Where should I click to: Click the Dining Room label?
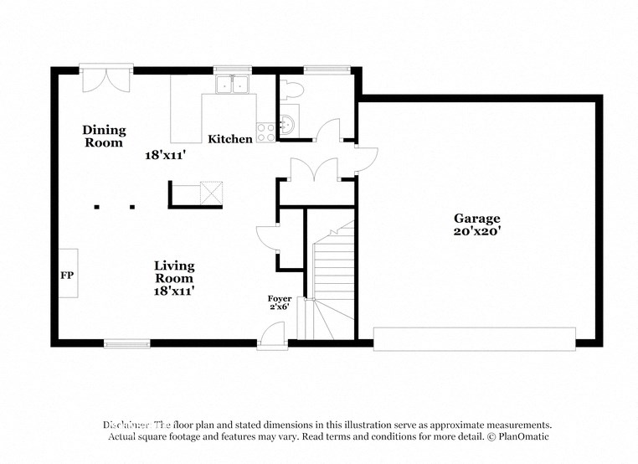(104, 136)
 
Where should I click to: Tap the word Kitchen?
(230, 139)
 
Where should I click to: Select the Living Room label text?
(174, 272)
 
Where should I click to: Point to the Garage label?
(477, 219)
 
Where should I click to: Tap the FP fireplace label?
(65, 275)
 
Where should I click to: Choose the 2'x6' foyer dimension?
(279, 307)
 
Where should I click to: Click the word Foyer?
(279, 298)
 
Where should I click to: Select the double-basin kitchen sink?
(234, 85)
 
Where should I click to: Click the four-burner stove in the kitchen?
(266, 131)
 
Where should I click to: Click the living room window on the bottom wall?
(126, 343)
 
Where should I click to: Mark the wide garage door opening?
(474, 338)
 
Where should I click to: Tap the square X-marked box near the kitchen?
(212, 193)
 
